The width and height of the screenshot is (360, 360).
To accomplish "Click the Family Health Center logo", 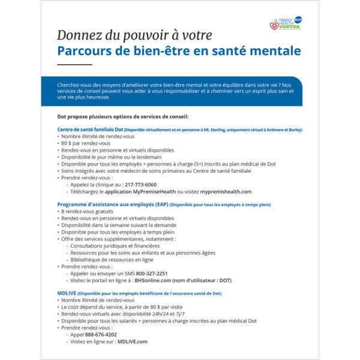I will tap(285, 24).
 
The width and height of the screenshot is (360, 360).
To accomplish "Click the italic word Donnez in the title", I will tap(79, 35).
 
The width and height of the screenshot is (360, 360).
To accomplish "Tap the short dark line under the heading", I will tap(74, 64).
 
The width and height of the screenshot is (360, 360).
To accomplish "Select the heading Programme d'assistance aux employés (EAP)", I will tap(112, 205).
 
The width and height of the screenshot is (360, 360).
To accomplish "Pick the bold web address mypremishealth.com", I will tap(226, 192).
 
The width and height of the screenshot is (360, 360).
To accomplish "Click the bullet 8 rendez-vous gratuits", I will tap(89, 212).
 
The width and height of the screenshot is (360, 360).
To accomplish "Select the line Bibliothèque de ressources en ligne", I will tap(112, 260).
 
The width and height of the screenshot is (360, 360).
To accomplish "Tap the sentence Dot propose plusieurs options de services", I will tap(122, 116).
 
